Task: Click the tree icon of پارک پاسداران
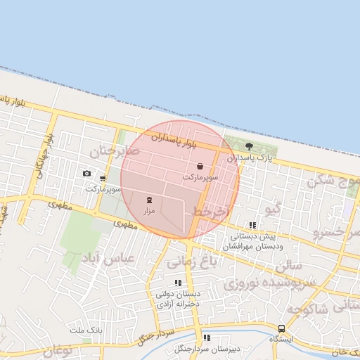(x=250, y=146)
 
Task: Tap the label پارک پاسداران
(x=250, y=158)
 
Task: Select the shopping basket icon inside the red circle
(x=201, y=167)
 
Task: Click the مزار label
(x=148, y=210)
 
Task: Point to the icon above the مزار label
(x=148, y=200)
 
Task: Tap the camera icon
(x=86, y=173)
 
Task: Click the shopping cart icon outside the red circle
(x=103, y=179)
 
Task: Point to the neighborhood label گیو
(x=270, y=209)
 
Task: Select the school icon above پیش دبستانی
(x=252, y=226)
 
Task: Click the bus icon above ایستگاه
(x=282, y=328)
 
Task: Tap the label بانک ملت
(x=87, y=330)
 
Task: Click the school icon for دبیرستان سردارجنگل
(x=206, y=338)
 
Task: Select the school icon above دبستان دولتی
(x=178, y=283)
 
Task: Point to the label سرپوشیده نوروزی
(x=271, y=283)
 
